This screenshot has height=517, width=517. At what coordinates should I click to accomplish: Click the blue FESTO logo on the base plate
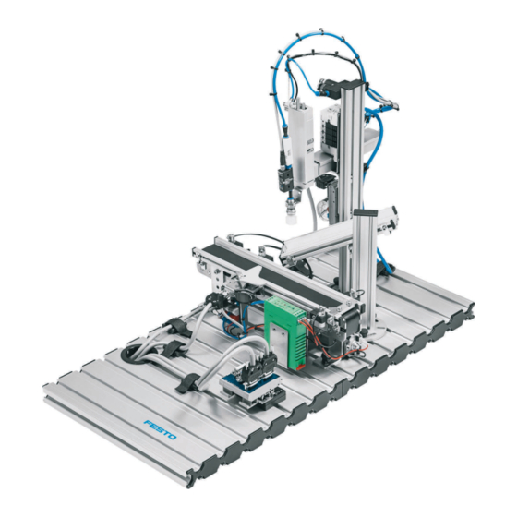[x=160, y=429]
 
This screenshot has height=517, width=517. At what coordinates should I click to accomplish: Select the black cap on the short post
[x=364, y=211]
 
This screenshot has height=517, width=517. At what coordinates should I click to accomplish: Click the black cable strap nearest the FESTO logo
[x=186, y=383]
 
